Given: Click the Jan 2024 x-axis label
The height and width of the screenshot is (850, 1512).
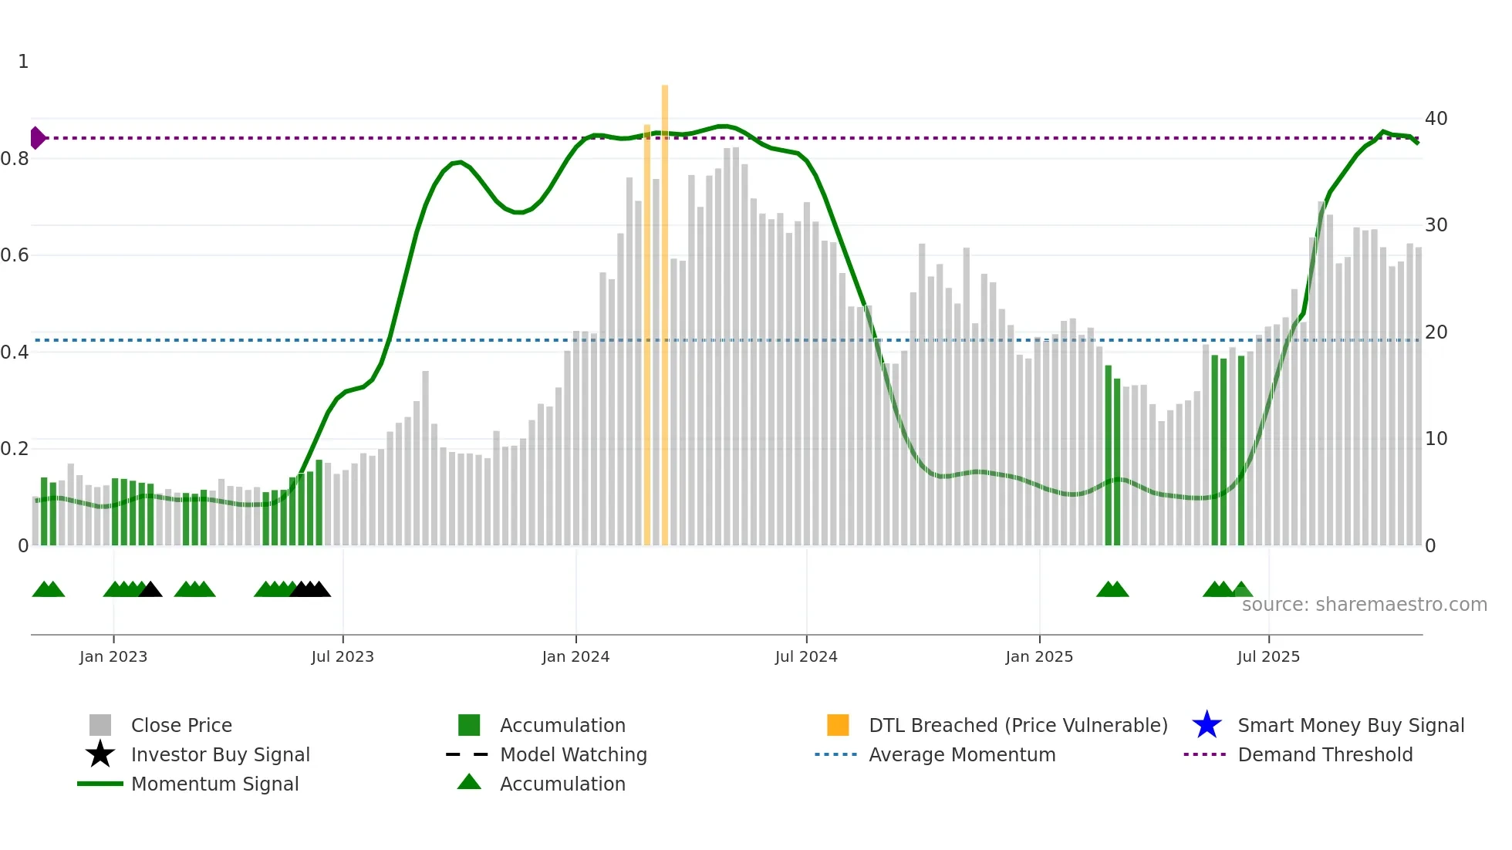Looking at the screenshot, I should [575, 656].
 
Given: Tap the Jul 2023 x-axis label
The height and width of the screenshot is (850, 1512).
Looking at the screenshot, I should [343, 656].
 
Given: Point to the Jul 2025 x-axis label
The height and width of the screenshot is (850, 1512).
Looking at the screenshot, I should [1268, 656].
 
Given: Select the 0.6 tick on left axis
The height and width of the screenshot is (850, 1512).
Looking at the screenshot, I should [15, 255].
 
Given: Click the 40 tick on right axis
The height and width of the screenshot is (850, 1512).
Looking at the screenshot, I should [1436, 119].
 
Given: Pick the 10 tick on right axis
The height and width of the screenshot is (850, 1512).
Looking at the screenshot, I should [1436, 439].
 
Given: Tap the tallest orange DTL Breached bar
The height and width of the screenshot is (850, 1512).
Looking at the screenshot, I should [665, 309].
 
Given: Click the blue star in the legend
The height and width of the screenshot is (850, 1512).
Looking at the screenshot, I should [1207, 725].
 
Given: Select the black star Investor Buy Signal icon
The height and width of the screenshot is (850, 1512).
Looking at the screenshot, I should [100, 754].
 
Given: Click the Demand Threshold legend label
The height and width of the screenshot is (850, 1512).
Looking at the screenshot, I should [1325, 754].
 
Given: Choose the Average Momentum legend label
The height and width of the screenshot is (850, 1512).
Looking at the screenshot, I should [962, 754].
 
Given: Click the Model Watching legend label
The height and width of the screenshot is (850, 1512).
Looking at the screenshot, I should [573, 754].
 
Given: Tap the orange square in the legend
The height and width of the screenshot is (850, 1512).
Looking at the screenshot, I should [838, 725].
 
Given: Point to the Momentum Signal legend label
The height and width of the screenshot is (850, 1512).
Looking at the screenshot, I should [214, 784].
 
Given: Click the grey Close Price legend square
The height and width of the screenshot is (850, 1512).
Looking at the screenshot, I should [100, 725].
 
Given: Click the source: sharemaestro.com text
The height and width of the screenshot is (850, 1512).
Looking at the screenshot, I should [1364, 605].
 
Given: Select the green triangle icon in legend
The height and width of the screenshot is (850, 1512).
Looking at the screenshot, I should [469, 783].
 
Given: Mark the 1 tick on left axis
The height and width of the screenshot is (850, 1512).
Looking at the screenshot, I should [23, 62].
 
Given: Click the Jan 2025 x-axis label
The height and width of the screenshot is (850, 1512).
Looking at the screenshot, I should [1038, 656].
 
